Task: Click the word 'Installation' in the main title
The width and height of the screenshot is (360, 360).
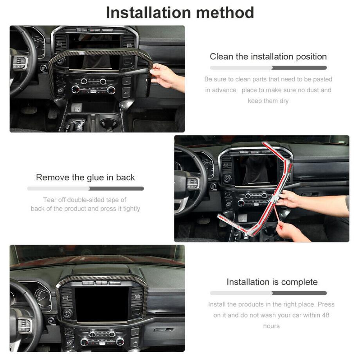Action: pyautogui.click(x=148, y=13)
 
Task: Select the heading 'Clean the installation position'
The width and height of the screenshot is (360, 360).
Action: pyautogui.click(x=268, y=56)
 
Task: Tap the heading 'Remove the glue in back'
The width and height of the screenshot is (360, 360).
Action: pyautogui.click(x=85, y=177)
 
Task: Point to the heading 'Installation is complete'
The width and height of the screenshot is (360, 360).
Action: pyautogui.click(x=272, y=282)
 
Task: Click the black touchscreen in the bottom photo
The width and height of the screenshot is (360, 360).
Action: pyautogui.click(x=102, y=304)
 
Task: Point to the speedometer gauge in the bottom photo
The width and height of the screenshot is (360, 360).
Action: pyautogui.click(x=43, y=297)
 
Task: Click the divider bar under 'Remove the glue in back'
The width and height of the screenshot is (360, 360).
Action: pyautogui.click(x=85, y=189)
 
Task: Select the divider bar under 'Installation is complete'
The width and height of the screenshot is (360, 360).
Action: pyautogui.click(x=268, y=293)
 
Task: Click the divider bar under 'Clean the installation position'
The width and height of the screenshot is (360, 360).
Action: pyautogui.click(x=268, y=68)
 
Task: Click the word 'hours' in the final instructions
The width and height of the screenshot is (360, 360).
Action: pyautogui.click(x=272, y=326)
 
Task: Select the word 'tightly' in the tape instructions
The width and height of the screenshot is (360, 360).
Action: pyautogui.click(x=131, y=209)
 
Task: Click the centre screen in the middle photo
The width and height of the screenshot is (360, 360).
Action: pyautogui.click(x=255, y=170)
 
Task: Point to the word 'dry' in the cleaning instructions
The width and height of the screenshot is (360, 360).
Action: pyautogui.click(x=284, y=101)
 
